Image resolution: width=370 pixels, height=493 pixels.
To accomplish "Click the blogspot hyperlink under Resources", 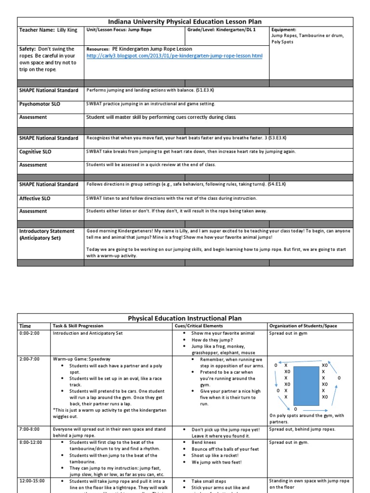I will (174, 56).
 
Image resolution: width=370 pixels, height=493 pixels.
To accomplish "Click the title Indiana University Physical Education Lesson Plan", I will (185, 22).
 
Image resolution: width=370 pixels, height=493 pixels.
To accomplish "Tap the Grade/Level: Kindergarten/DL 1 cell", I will (215, 30).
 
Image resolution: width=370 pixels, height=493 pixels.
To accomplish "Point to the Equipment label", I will (284, 29).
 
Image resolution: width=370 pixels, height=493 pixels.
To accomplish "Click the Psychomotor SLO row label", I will (40, 104).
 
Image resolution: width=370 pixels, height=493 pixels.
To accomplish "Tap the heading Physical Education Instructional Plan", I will (185, 318).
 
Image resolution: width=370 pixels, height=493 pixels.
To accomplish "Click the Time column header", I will (25, 326).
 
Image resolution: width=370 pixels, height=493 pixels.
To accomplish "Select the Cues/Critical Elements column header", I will (199, 326).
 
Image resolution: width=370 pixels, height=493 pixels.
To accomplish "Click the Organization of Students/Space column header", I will (303, 326).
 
